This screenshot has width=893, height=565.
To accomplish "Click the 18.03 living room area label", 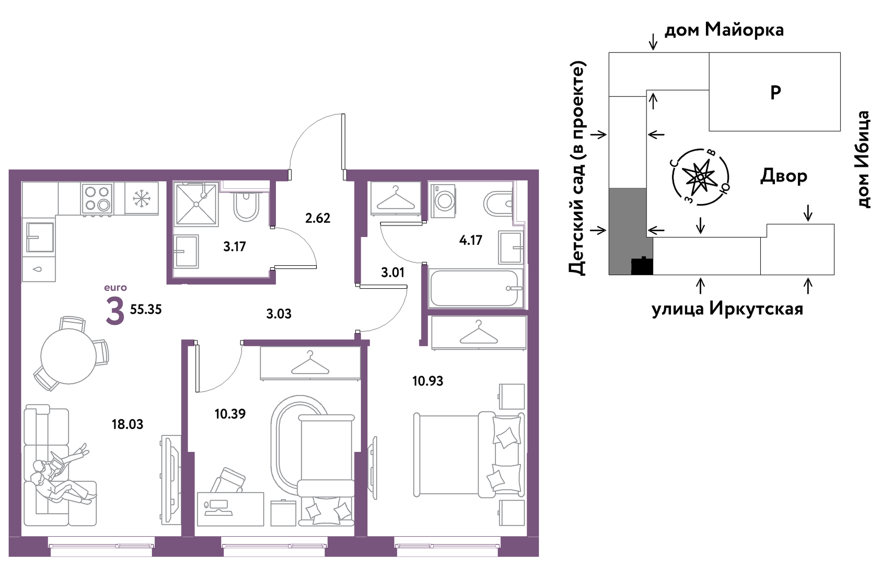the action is pyautogui.click(x=127, y=424).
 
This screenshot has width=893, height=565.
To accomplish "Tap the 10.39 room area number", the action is pyautogui.click(x=230, y=414).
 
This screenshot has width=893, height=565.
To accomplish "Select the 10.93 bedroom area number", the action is pyautogui.click(x=428, y=381).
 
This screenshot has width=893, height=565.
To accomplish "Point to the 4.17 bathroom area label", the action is pyautogui.click(x=471, y=240).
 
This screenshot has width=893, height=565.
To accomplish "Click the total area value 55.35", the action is pyautogui.click(x=146, y=309).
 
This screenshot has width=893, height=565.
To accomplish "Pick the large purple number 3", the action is pyautogui.click(x=115, y=312).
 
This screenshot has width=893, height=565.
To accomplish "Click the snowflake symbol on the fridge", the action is pyautogui.click(x=141, y=198).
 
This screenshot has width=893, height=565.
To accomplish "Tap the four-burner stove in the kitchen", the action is pyautogui.click(x=97, y=199).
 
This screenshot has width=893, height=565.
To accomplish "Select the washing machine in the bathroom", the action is pyautogui.click(x=443, y=200).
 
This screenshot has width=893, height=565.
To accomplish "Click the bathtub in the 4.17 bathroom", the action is pyautogui.click(x=476, y=288).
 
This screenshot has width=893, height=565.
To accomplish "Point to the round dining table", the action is pyautogui.click(x=68, y=356).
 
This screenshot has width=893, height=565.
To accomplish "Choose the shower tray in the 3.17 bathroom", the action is pyautogui.click(x=196, y=205).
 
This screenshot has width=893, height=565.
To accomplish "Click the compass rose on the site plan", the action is pyautogui.click(x=700, y=177).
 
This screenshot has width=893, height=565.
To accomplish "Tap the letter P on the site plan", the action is pyautogui.click(x=775, y=93).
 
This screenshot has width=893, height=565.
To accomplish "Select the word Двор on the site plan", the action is pyautogui.click(x=784, y=176).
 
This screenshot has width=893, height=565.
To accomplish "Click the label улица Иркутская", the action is pyautogui.click(x=727, y=309).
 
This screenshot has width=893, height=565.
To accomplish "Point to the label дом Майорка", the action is pyautogui.click(x=724, y=29).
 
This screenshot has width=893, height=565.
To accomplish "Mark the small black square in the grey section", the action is pyautogui.click(x=642, y=266).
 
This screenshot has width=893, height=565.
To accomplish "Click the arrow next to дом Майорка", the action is pyautogui.click(x=653, y=41).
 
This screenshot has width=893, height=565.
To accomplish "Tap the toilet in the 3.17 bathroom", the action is pyautogui.click(x=246, y=207).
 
